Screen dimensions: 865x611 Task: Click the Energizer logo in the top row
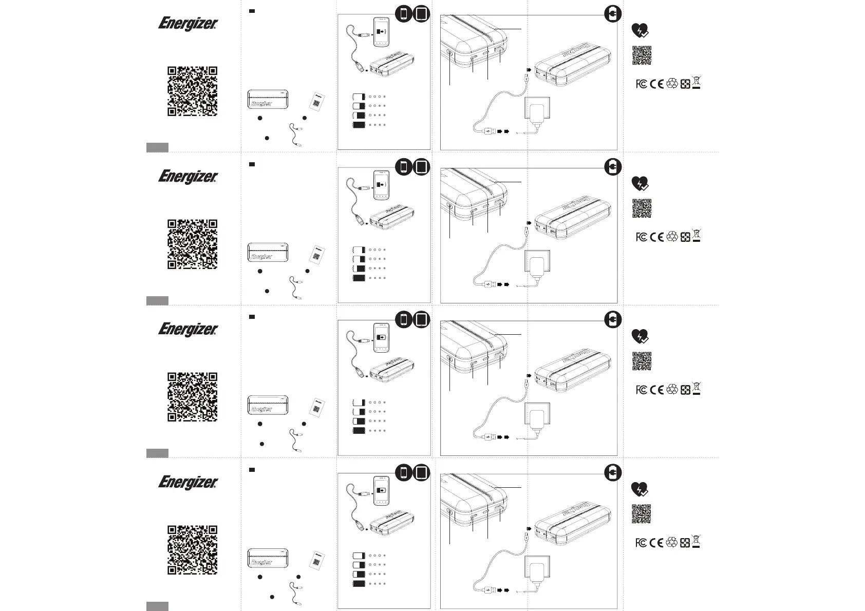click(x=188, y=24)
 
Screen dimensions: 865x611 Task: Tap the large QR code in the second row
click(x=192, y=244)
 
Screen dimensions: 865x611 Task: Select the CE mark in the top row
click(x=656, y=84)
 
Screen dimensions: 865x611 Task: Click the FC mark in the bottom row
click(x=641, y=543)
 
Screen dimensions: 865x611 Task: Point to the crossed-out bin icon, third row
click(x=697, y=389)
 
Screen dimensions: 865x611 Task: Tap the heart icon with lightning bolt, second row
click(x=640, y=183)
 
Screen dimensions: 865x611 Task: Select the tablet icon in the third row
click(x=421, y=320)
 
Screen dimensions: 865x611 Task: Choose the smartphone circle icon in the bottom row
click(x=404, y=472)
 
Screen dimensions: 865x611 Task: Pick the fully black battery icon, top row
click(x=359, y=125)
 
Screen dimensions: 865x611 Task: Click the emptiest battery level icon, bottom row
click(x=359, y=556)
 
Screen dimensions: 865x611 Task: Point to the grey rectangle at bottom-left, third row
click(x=157, y=453)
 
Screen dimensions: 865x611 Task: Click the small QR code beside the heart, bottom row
click(x=641, y=514)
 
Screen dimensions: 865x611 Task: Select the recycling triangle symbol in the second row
click(x=672, y=237)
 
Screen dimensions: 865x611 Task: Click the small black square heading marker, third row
click(x=252, y=317)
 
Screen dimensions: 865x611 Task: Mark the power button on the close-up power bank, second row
click(x=450, y=206)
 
